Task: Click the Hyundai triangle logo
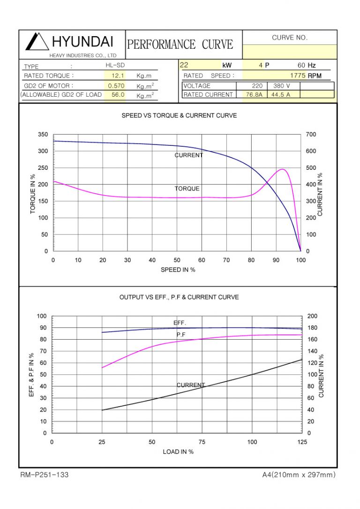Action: [37, 42]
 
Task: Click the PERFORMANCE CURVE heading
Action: [180, 45]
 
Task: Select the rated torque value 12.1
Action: [117, 76]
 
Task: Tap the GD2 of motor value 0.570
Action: [116, 86]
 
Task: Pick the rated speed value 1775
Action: [298, 76]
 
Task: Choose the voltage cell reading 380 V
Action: [281, 86]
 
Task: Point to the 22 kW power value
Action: [184, 66]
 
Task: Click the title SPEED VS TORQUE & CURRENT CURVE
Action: [179, 115]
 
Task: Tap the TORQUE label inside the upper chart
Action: [187, 189]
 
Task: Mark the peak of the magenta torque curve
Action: [283, 169]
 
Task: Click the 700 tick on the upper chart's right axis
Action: [310, 135]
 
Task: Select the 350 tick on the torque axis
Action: [43, 135]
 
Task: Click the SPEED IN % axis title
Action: [178, 270]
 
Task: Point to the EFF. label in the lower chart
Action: [180, 323]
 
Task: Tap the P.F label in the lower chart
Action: [181, 334]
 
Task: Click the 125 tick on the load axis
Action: [302, 442]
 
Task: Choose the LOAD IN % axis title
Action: [178, 451]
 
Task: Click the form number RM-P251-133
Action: [45, 475]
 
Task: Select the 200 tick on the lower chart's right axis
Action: [312, 317]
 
